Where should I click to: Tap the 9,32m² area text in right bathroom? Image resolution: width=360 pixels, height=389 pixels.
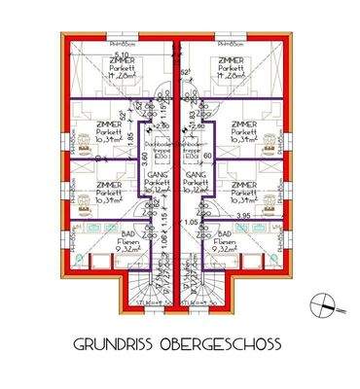tap(231, 249)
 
